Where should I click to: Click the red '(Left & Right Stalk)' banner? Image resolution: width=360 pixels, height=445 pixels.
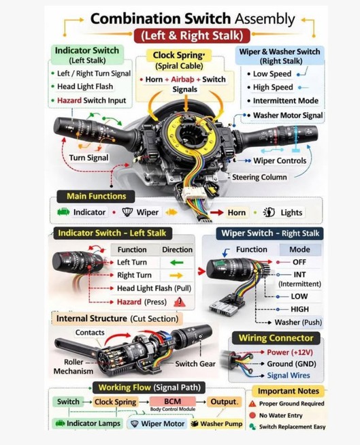click(x=192, y=36)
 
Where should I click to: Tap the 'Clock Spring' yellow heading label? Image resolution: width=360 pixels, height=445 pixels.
click(x=178, y=55)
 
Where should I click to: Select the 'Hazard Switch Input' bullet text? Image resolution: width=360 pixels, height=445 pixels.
click(x=91, y=101)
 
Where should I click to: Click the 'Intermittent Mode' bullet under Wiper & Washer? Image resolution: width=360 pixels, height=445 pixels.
click(x=286, y=101)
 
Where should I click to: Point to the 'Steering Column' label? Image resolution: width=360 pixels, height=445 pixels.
click(x=259, y=177)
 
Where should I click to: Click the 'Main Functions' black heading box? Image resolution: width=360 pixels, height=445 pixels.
click(x=96, y=197)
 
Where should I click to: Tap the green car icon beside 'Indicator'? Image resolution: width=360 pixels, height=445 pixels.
click(x=63, y=212)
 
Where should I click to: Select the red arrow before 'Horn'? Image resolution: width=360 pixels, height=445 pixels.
click(x=217, y=212)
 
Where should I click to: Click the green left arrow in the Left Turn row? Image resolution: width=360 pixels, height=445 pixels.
click(x=177, y=263)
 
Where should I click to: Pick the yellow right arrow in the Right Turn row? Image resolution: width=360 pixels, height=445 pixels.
click(x=176, y=276)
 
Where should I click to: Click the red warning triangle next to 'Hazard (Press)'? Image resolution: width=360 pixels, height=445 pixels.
click(x=180, y=302)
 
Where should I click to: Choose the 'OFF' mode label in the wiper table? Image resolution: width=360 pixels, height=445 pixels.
click(x=299, y=262)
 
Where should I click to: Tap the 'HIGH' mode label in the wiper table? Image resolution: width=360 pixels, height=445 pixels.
click(x=299, y=309)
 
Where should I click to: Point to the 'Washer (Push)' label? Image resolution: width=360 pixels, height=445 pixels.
click(x=298, y=323)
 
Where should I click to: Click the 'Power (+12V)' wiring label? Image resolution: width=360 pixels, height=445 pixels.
click(x=290, y=352)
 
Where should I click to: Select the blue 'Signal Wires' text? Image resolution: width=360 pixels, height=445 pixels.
click(x=289, y=375)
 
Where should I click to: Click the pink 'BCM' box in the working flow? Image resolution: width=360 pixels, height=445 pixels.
click(x=172, y=401)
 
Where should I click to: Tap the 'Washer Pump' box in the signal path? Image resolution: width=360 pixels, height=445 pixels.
click(x=217, y=424)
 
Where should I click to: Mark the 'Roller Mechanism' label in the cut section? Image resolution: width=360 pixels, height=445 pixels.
click(x=73, y=366)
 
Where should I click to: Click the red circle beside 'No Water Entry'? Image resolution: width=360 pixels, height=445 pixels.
click(x=252, y=415)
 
